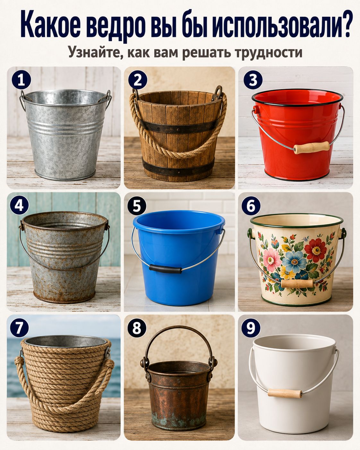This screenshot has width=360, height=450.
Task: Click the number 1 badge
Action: click(21, 80)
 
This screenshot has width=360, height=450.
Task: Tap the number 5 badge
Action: click(137, 206)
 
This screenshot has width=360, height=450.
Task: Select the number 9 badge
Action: click(251, 328)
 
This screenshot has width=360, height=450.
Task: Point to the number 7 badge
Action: click(19, 328)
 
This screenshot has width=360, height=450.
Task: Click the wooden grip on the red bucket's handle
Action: click(312, 147)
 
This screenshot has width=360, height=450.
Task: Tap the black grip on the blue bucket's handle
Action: click(165, 269)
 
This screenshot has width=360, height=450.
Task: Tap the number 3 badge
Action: click(253, 80)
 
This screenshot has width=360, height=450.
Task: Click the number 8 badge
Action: click(137, 328)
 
